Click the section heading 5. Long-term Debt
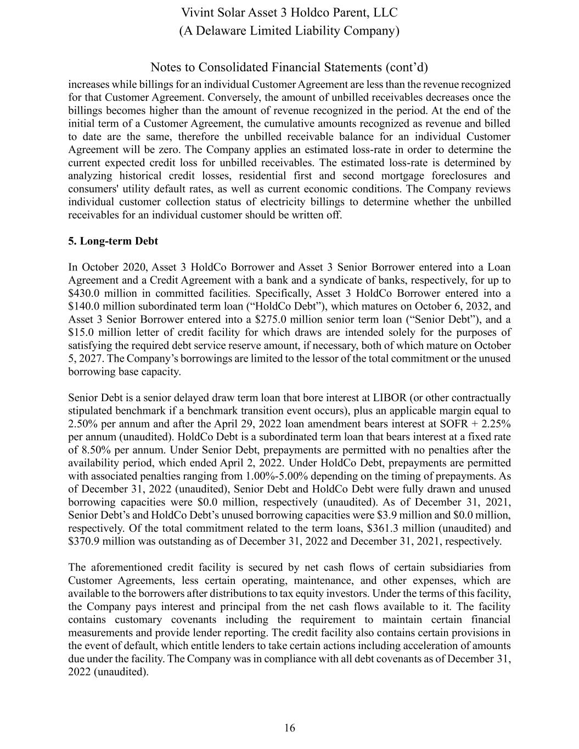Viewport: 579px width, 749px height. [x=113, y=241]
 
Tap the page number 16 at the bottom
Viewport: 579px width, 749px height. [x=289, y=728]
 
